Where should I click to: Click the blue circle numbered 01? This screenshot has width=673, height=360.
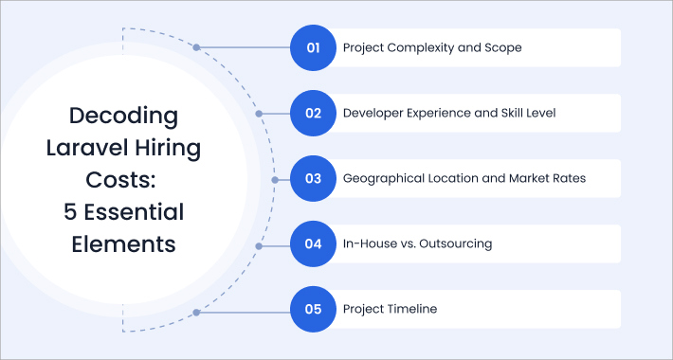tap(314, 47)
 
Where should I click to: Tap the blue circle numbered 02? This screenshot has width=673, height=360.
tap(314, 113)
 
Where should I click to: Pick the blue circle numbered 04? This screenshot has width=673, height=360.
tap(314, 244)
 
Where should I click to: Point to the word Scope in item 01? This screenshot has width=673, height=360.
tap(502, 47)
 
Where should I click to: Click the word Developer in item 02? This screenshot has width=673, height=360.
tap(376, 113)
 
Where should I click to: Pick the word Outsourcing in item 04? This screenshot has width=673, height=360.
tap(459, 244)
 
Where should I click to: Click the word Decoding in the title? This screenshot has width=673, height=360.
tap(123, 117)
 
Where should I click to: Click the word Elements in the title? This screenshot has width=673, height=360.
tap(123, 243)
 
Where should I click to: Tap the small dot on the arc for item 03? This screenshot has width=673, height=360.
tap(274, 179)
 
